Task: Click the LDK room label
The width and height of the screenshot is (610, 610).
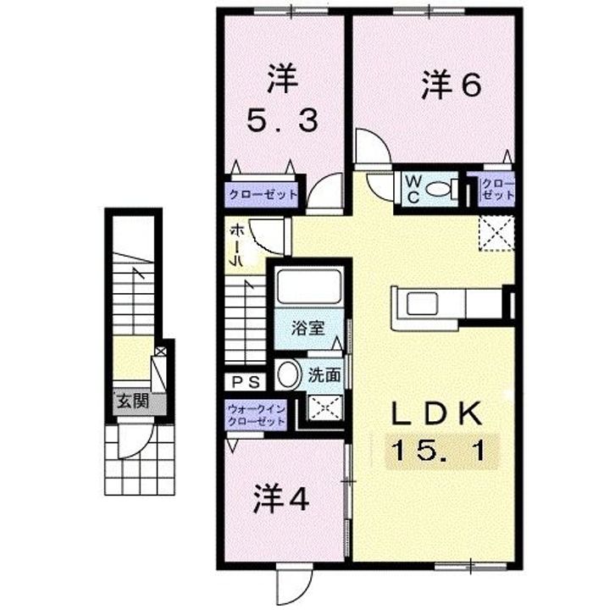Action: tap(436, 413)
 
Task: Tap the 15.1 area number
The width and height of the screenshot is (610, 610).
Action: tap(441, 452)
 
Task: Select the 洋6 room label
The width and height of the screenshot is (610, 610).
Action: tap(452, 85)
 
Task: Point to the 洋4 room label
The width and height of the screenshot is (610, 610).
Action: tap(281, 500)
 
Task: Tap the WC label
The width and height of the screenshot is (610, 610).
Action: tap(413, 190)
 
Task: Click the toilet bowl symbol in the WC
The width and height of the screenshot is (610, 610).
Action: tap(441, 190)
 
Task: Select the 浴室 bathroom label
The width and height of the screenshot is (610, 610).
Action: tap(308, 329)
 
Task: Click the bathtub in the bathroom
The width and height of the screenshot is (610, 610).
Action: tap(308, 287)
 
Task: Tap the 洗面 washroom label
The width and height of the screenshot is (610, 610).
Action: tap(324, 375)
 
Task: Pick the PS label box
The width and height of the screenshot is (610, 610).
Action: tap(246, 382)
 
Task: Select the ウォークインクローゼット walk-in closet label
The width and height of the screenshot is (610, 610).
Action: tap(257, 414)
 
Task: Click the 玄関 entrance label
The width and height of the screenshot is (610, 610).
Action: tap(134, 401)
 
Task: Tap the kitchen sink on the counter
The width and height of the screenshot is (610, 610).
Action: tap(423, 303)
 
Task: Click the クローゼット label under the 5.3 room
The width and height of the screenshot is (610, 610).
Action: tap(263, 194)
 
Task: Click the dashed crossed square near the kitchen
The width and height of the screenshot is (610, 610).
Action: tap(496, 232)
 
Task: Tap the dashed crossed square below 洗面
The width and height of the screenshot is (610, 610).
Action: tap(325, 408)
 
